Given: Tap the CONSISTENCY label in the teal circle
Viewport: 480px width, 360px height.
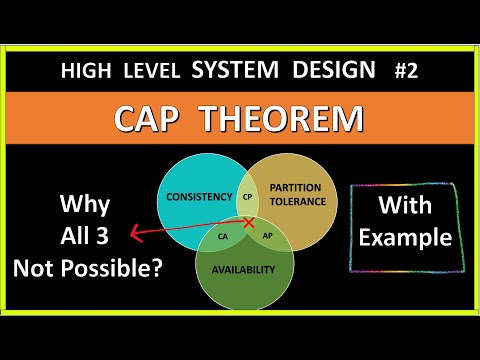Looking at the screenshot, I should (200, 198).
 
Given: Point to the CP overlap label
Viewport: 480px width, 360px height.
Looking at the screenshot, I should (247, 197).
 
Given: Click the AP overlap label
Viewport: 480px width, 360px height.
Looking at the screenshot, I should (266, 236).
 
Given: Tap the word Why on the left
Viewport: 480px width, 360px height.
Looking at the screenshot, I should (86, 206).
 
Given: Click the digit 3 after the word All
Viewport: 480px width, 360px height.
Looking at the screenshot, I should (114, 237).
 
